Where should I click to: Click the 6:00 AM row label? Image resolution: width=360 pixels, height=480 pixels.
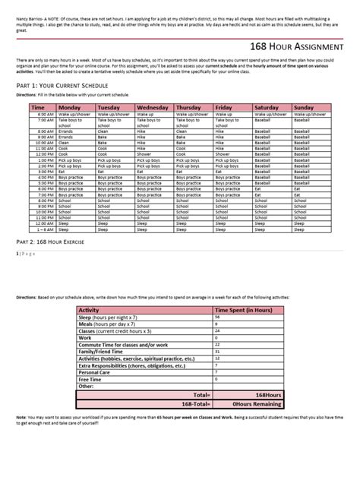[x=43, y=114]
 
